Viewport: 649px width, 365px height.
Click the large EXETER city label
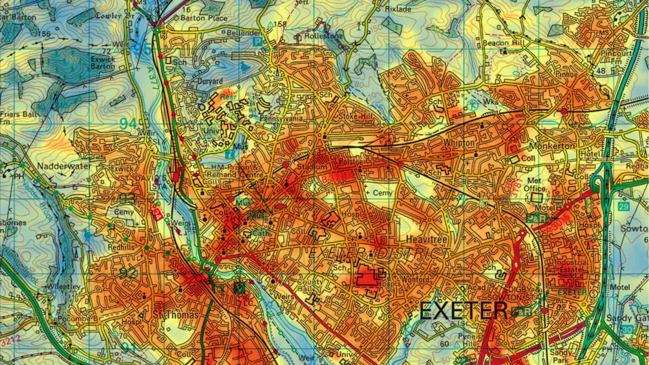[463, 311]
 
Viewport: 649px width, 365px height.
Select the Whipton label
[459, 143]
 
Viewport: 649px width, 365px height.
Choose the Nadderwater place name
[64, 166]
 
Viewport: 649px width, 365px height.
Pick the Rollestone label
[324, 36]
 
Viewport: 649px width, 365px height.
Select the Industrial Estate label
[571, 266]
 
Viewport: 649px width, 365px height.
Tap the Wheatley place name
[64, 287]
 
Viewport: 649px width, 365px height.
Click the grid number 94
[128, 123]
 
